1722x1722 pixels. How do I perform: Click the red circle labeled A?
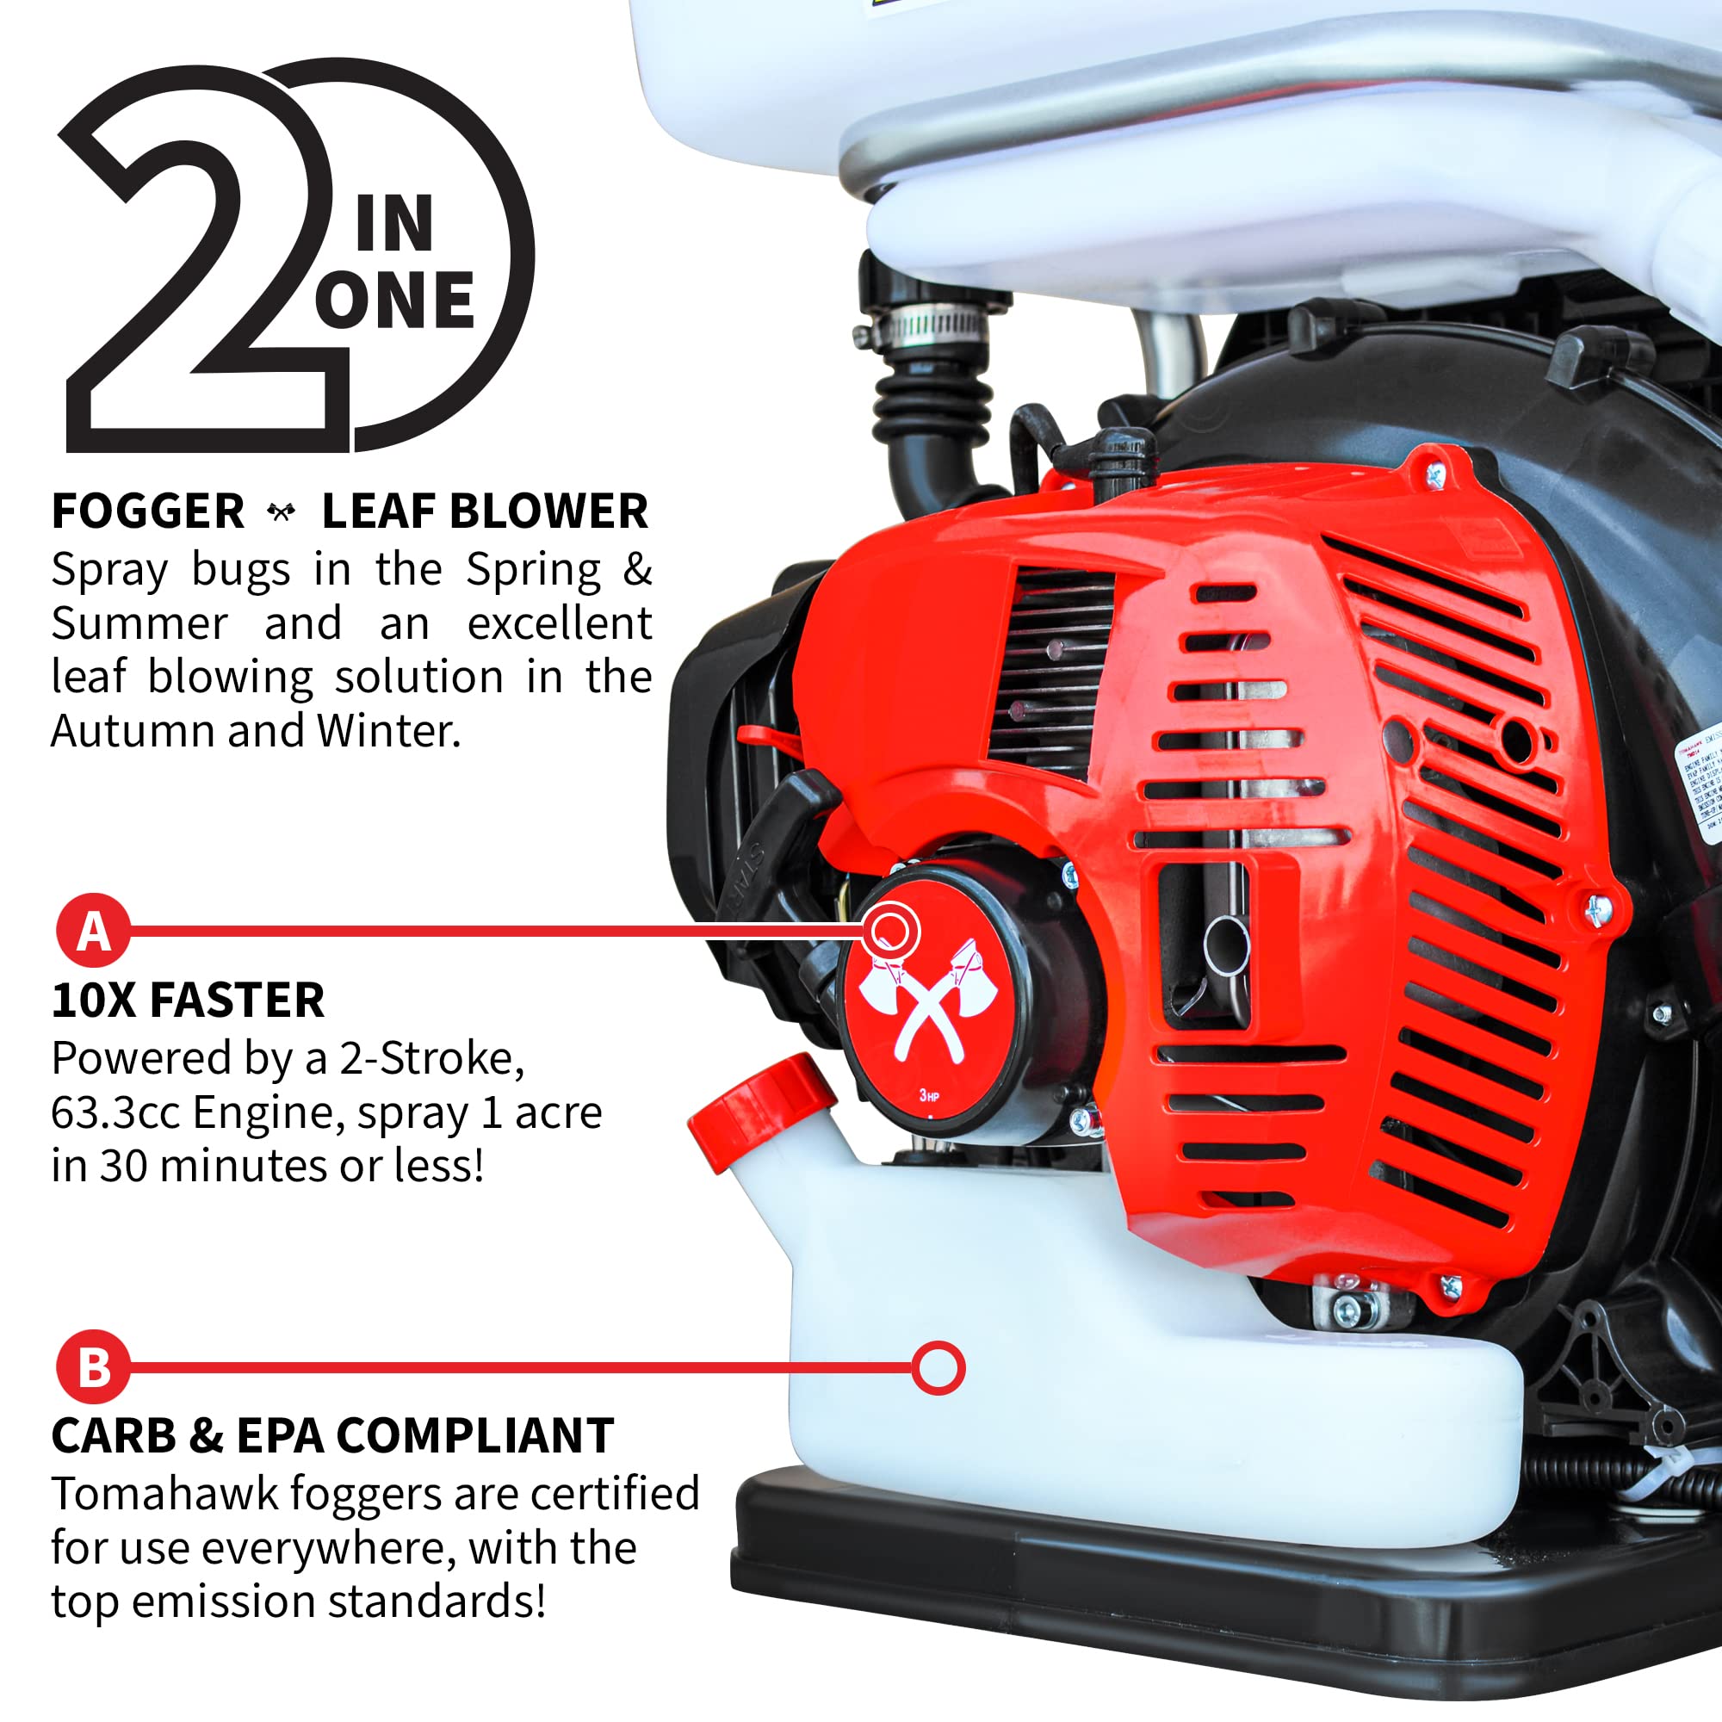coord(94,931)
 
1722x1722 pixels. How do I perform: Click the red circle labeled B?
coord(94,1366)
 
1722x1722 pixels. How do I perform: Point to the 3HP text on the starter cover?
coord(929,1094)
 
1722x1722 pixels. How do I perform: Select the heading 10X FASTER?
coord(187,1000)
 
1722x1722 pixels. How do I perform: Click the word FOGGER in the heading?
coord(147,511)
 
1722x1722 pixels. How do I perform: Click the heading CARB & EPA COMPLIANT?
coord(331,1435)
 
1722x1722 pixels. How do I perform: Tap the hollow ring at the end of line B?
coord(938,1367)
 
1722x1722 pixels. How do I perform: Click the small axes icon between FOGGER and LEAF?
coord(282,512)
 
